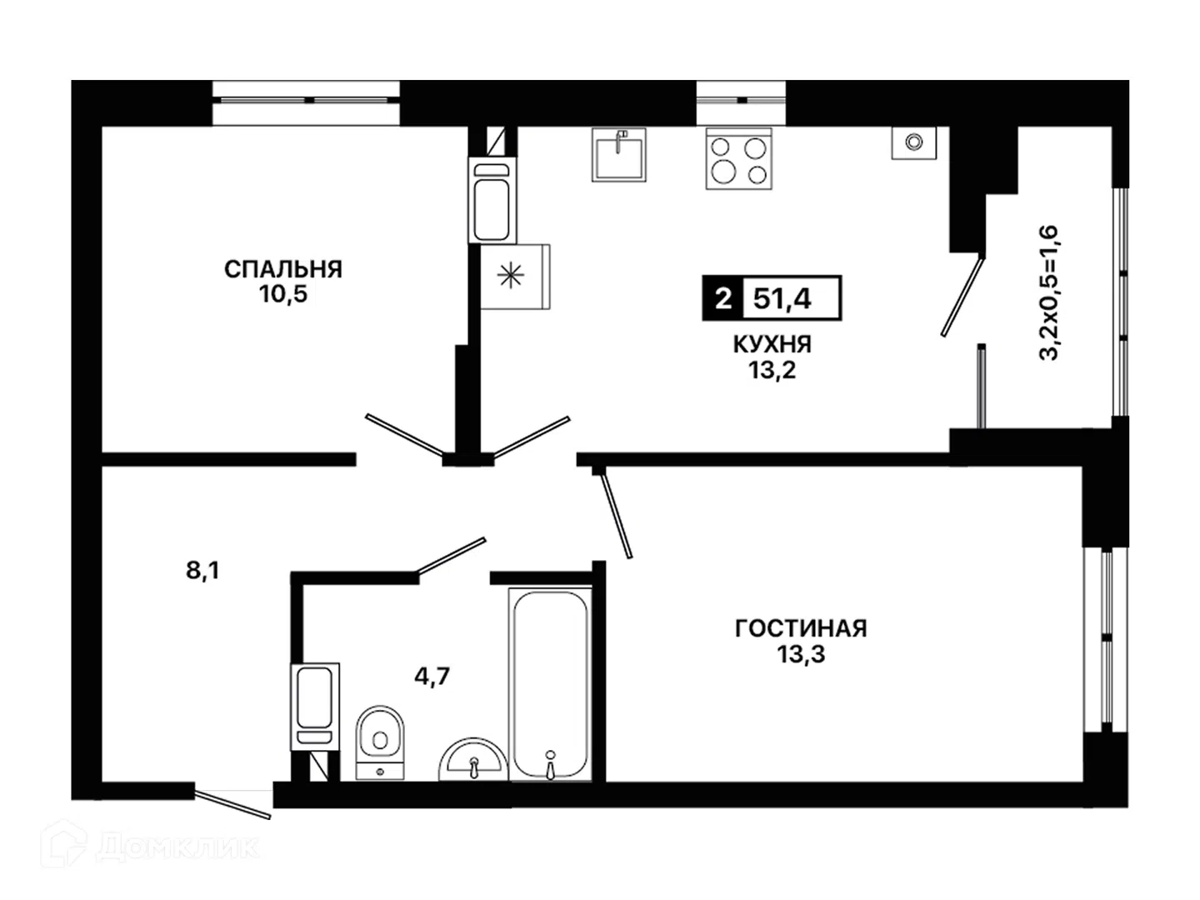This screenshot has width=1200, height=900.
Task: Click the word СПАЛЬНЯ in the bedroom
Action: pos(283,269)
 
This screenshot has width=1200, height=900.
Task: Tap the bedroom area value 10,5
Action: pos(283,294)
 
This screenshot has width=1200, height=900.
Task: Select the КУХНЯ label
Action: pos(772,345)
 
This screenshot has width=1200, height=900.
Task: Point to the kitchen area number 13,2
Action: pos(772,371)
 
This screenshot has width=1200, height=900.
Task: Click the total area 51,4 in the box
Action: pos(782,299)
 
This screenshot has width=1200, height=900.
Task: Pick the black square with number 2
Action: pos(722,298)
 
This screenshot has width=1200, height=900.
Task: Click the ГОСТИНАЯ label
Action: pos(801,629)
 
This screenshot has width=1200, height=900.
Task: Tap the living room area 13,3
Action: pos(801,654)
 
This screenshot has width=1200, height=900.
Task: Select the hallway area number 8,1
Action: pos(202,571)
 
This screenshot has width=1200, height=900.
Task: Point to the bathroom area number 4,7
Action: pos(432,677)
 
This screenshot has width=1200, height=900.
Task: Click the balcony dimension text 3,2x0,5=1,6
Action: pos(1048,292)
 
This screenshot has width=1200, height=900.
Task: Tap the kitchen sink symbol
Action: pos(619,155)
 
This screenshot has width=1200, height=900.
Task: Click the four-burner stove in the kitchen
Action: pos(739,159)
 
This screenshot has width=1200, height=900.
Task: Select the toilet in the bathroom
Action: pos(380,742)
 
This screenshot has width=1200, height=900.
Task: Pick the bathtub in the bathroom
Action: pos(551,684)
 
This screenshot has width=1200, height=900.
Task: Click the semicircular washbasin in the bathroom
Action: pos(473,759)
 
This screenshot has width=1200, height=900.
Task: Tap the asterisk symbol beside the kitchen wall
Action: pos(511,276)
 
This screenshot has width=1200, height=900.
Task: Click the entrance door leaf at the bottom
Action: pos(232,802)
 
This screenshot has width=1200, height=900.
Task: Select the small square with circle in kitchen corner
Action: pos(914,143)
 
